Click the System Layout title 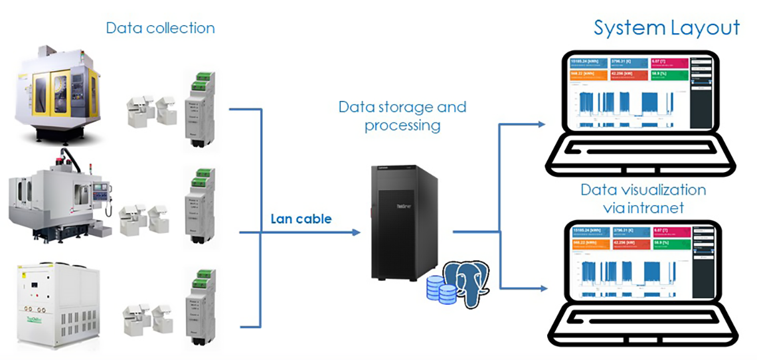pyautogui.click(x=666, y=28)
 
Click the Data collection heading pyautogui.click(x=160, y=28)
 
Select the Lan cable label pyautogui.click(x=301, y=219)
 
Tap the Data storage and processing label pyautogui.click(x=402, y=116)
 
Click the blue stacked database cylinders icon pyautogui.click(x=440, y=287)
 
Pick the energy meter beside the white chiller pyautogui.click(x=198, y=306)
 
